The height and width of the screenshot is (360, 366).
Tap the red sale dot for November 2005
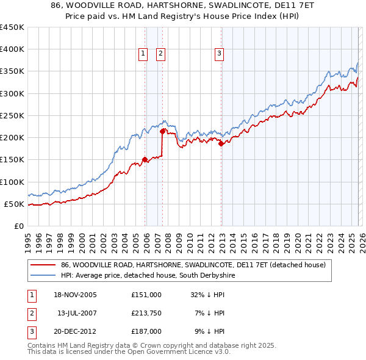[145, 160]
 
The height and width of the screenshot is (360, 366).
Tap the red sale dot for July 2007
[162, 131]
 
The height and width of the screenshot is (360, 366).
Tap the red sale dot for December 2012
[221, 144]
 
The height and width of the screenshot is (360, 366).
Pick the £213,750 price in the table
[146, 313]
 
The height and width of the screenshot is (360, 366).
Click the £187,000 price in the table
[146, 331]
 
